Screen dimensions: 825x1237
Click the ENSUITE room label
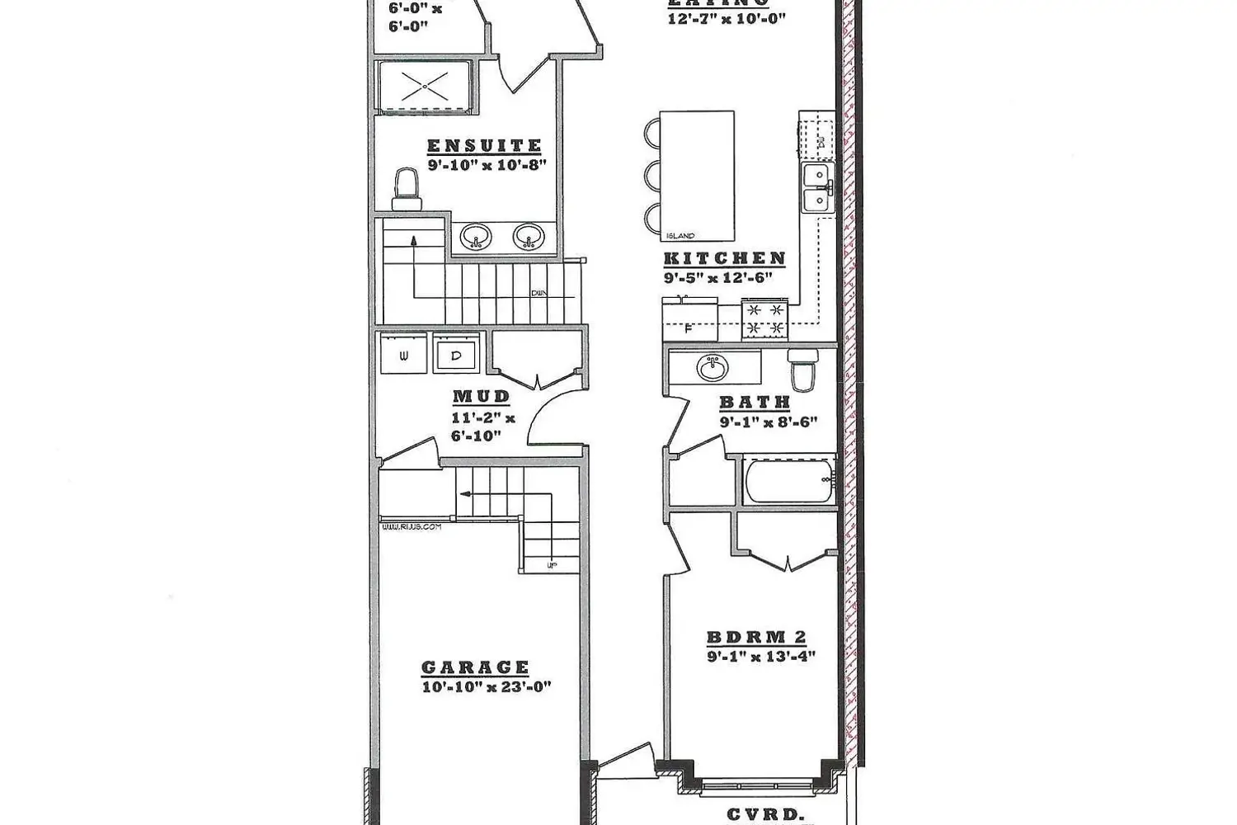pyautogui.click(x=484, y=146)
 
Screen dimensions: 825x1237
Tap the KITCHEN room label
pyautogui.click(x=724, y=258)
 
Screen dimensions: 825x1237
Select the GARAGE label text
pyautogui.click(x=475, y=667)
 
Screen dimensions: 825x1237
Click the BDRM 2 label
pyautogui.click(x=756, y=638)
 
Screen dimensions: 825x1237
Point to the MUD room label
pyautogui.click(x=482, y=397)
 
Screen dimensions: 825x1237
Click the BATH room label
pyautogui.click(x=755, y=403)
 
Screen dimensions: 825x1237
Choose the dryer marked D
pyautogui.click(x=456, y=356)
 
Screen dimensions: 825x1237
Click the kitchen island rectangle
pyautogui.click(x=697, y=174)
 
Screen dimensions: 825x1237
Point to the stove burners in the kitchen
pyautogui.click(x=764, y=318)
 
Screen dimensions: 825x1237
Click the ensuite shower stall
pyautogui.click(x=425, y=85)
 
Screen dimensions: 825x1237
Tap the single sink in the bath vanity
pyautogui.click(x=713, y=367)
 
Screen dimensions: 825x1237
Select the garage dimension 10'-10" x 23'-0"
pyautogui.click(x=487, y=686)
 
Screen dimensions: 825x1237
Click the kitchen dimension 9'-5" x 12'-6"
pyautogui.click(x=717, y=278)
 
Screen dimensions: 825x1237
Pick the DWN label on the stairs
pyautogui.click(x=540, y=293)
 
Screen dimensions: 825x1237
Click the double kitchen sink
pyautogui.click(x=816, y=187)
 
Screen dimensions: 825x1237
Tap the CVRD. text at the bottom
pyautogui.click(x=765, y=813)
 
